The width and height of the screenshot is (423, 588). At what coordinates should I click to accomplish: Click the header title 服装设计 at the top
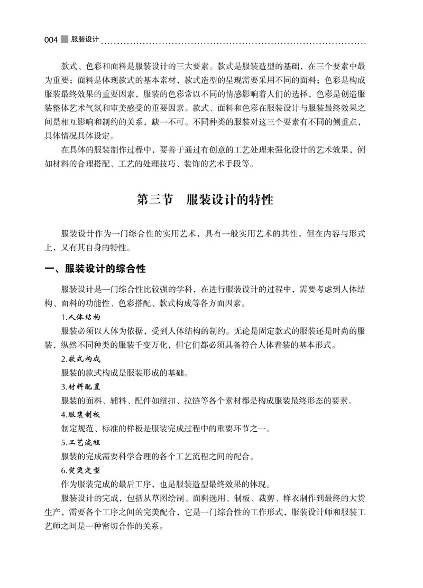(x=85, y=39)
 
